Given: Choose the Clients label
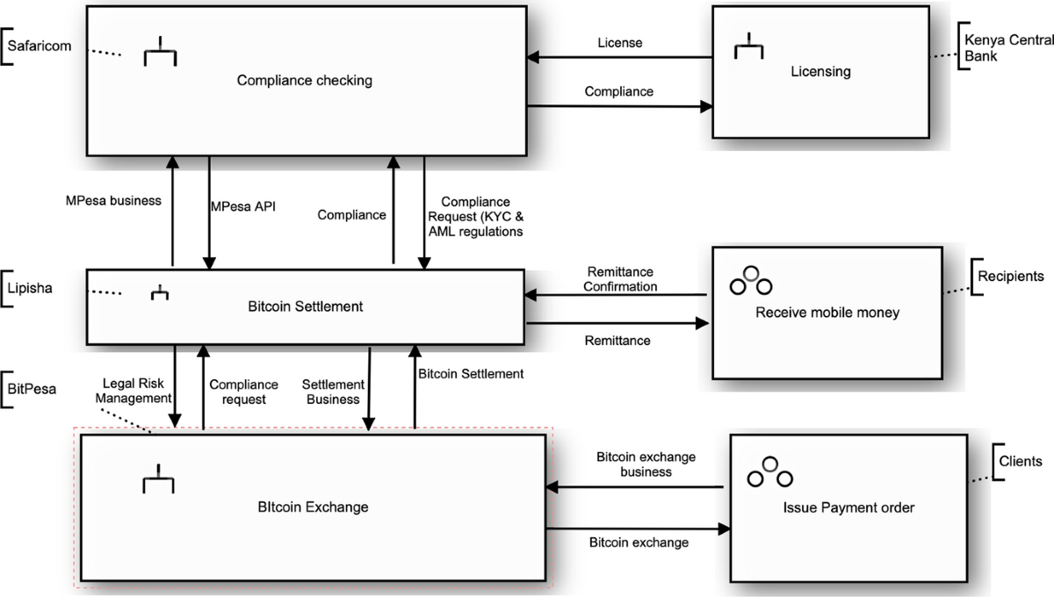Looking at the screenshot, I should pos(1021,461).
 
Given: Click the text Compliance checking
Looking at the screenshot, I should pos(305,81).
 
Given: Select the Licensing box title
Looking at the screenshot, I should pos(820,72).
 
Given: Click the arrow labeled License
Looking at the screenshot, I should pos(619,58).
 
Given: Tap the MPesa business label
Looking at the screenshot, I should pos(113,200).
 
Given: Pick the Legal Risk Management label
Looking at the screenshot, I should pos(135,391).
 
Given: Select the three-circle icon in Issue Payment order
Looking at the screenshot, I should pos(769,472).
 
